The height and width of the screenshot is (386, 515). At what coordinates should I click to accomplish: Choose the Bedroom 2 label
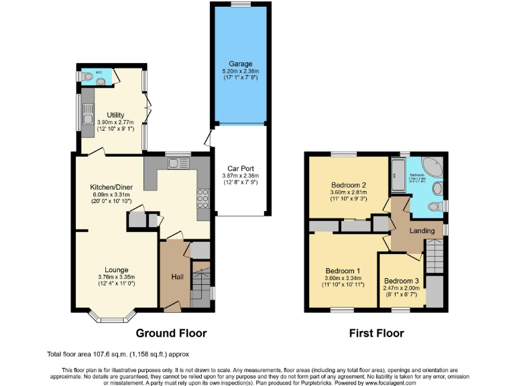pos(348,185)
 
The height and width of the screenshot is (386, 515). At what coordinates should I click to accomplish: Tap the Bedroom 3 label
pos(402,280)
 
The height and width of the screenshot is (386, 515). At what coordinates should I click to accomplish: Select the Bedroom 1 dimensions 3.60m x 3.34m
pos(343,279)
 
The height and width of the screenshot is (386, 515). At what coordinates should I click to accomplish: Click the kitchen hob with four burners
pos(201,198)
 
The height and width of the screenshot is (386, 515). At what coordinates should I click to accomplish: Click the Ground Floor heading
pos(171,333)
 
